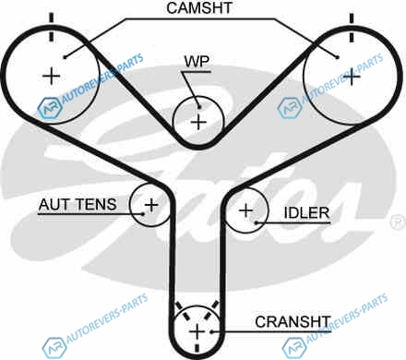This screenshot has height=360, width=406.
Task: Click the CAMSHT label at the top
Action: pyautogui.click(x=199, y=8)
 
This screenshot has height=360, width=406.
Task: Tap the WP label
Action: pyautogui.click(x=197, y=62)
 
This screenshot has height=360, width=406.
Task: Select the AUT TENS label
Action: pyautogui.click(x=78, y=205)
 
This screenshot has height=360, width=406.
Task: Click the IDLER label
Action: pyautogui.click(x=306, y=213)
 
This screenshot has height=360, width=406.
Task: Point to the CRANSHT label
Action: pyautogui.click(x=293, y=322)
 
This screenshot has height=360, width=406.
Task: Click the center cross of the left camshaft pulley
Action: pyautogui.click(x=51, y=76)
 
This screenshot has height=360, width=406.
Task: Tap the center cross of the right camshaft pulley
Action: pyautogui.click(x=352, y=77)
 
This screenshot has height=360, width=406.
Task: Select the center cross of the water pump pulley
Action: pyautogui.click(x=198, y=122)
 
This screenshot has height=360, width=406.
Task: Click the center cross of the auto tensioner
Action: pyautogui.click(x=151, y=205)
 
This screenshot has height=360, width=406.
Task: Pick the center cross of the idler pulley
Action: pyautogui.click(x=245, y=210)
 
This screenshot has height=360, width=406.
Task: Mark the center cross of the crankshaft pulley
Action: pyautogui.click(x=197, y=332)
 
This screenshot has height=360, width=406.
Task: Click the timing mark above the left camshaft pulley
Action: pyautogui.click(x=51, y=27)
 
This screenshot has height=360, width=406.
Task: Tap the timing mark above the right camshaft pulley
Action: pyautogui.click(x=352, y=28)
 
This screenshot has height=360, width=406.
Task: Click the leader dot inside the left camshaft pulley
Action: pyautogui.click(x=65, y=57)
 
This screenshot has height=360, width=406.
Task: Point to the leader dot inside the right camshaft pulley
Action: pyautogui.click(x=338, y=57)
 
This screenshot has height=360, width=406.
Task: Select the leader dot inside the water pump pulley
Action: pyautogui.click(x=199, y=107)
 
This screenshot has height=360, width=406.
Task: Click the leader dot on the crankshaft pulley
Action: pyautogui.click(x=211, y=331)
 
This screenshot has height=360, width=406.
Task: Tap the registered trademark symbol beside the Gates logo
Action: pyautogui.click(x=398, y=222)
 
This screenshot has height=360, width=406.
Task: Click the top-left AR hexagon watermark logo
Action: pyautogui.click(x=50, y=108)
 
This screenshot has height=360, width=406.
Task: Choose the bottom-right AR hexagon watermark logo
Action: pyautogui.click(x=294, y=348)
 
